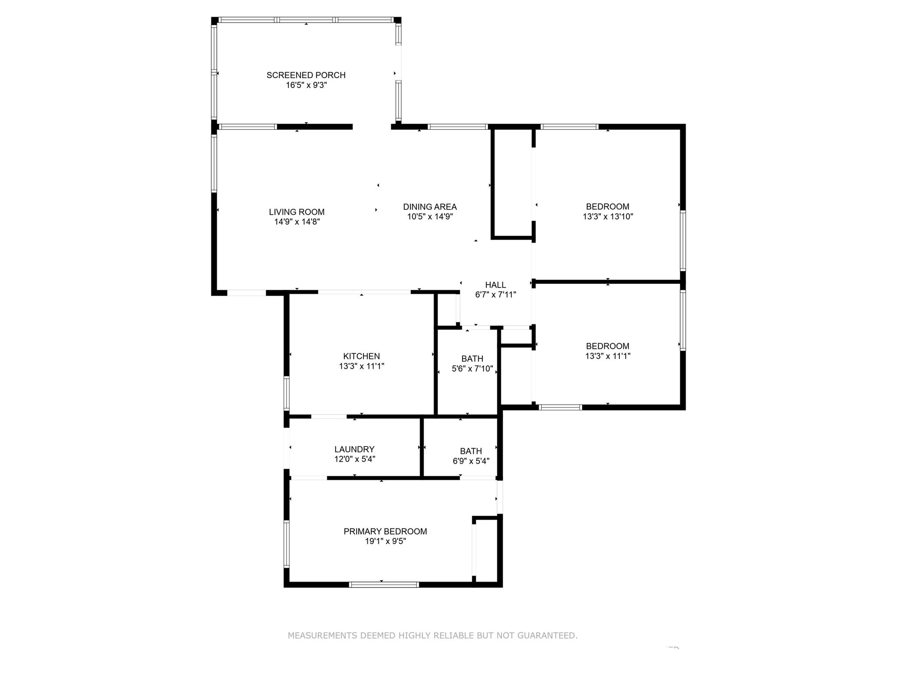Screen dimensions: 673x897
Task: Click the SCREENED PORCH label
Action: pos(306,75)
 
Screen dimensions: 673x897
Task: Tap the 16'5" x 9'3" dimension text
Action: pos(306,85)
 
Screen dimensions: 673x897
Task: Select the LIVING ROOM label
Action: pos(297,212)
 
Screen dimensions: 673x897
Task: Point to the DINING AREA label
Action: pos(430,207)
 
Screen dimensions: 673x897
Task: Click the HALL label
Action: pos(495,285)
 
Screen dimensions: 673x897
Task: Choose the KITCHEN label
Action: pos(361,356)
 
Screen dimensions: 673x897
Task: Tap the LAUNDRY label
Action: pos(354,449)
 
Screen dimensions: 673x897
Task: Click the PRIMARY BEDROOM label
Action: pos(385,531)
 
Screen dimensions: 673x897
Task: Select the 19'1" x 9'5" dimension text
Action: pos(385,542)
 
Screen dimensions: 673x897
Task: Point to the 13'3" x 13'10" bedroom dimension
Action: pos(607,216)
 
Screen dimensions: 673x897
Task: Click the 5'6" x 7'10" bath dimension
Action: pos(472,369)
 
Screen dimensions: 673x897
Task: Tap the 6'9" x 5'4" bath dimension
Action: pos(471,461)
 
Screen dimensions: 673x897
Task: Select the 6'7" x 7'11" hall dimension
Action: pos(495,295)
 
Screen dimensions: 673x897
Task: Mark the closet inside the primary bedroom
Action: pos(486,551)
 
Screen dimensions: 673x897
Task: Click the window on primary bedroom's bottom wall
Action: pos(384,584)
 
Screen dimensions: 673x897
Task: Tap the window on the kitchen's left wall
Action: pos(286,393)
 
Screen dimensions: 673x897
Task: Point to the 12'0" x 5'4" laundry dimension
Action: pos(354,459)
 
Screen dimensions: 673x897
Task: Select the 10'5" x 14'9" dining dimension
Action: pos(430,216)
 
